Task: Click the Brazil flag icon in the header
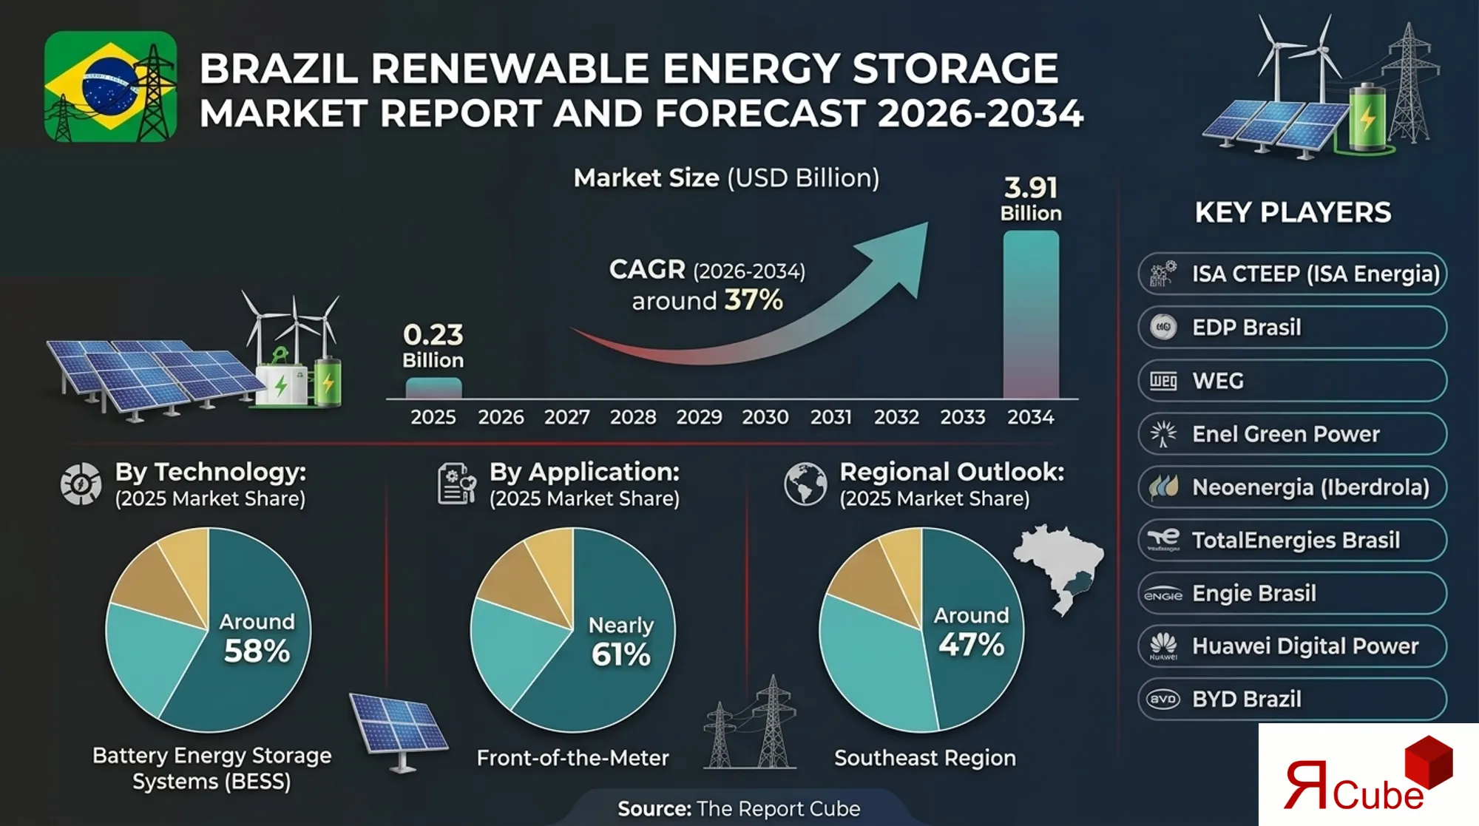tap(110, 87)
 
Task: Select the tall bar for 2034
tap(1030, 314)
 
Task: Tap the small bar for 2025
tap(433, 388)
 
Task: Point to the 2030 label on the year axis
tap(765, 417)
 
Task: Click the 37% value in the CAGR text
tap(753, 300)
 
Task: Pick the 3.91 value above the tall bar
tap(1030, 188)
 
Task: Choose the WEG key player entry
tap(1292, 381)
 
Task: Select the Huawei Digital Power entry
tap(1292, 646)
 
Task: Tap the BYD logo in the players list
tap(1163, 699)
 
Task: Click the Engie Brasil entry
tap(1292, 593)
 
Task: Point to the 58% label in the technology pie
tap(257, 651)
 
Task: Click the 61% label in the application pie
tap(620, 654)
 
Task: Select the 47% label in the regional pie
tap(971, 645)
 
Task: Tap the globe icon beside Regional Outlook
tap(805, 484)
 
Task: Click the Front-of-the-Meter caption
tap(572, 758)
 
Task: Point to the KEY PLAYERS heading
tap(1293, 213)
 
